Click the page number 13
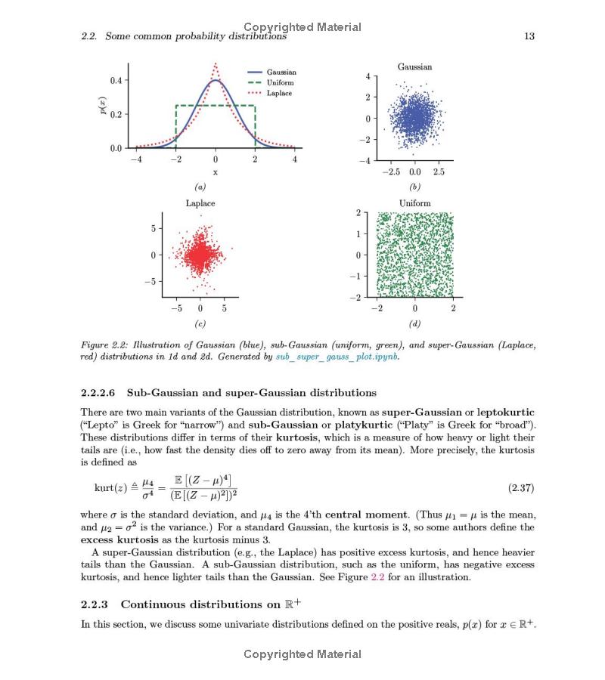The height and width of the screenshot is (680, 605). [x=529, y=36]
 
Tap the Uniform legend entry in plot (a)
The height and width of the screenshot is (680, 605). [x=280, y=82]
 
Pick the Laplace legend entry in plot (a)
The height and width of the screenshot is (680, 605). [x=279, y=93]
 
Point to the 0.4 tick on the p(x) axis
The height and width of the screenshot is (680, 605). [x=116, y=80]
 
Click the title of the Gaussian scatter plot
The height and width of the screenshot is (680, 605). [x=414, y=67]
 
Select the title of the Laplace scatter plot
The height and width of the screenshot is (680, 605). [x=200, y=203]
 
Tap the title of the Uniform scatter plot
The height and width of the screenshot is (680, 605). [x=414, y=203]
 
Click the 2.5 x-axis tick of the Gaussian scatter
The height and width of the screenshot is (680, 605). [x=439, y=172]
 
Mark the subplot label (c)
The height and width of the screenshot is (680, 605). [x=200, y=324]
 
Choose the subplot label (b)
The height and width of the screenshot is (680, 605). [x=414, y=187]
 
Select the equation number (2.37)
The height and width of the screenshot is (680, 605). [x=521, y=488]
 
